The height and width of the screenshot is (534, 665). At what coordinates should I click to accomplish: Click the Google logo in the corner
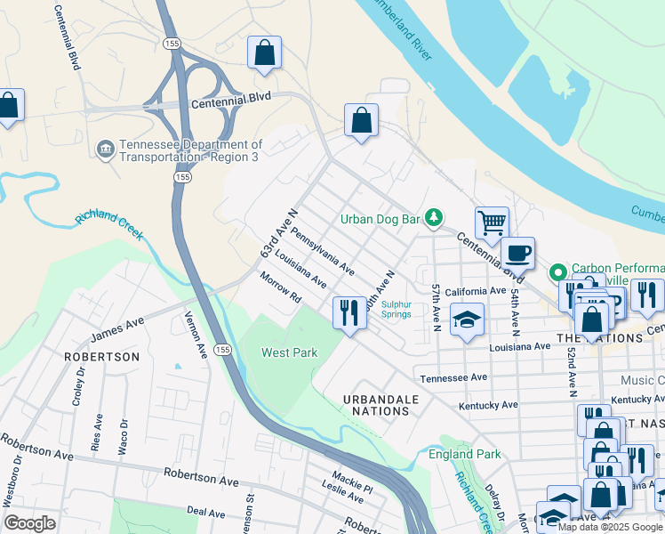(x=30, y=523)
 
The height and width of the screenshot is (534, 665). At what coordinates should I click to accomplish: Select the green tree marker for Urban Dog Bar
(x=433, y=217)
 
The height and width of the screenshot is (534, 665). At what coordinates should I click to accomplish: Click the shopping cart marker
(x=492, y=222)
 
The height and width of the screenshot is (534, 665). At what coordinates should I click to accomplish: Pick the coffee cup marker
(x=517, y=254)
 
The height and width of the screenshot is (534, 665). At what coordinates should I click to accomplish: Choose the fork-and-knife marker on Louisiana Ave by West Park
(x=349, y=312)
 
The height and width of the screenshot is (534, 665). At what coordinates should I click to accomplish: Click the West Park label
(x=289, y=353)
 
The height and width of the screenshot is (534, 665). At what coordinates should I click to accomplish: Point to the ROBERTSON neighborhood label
(x=102, y=357)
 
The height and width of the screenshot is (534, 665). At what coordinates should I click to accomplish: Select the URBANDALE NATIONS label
(x=381, y=405)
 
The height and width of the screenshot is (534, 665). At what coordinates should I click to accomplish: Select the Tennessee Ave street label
(x=454, y=377)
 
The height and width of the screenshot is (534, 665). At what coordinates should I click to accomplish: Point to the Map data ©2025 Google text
(x=610, y=527)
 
